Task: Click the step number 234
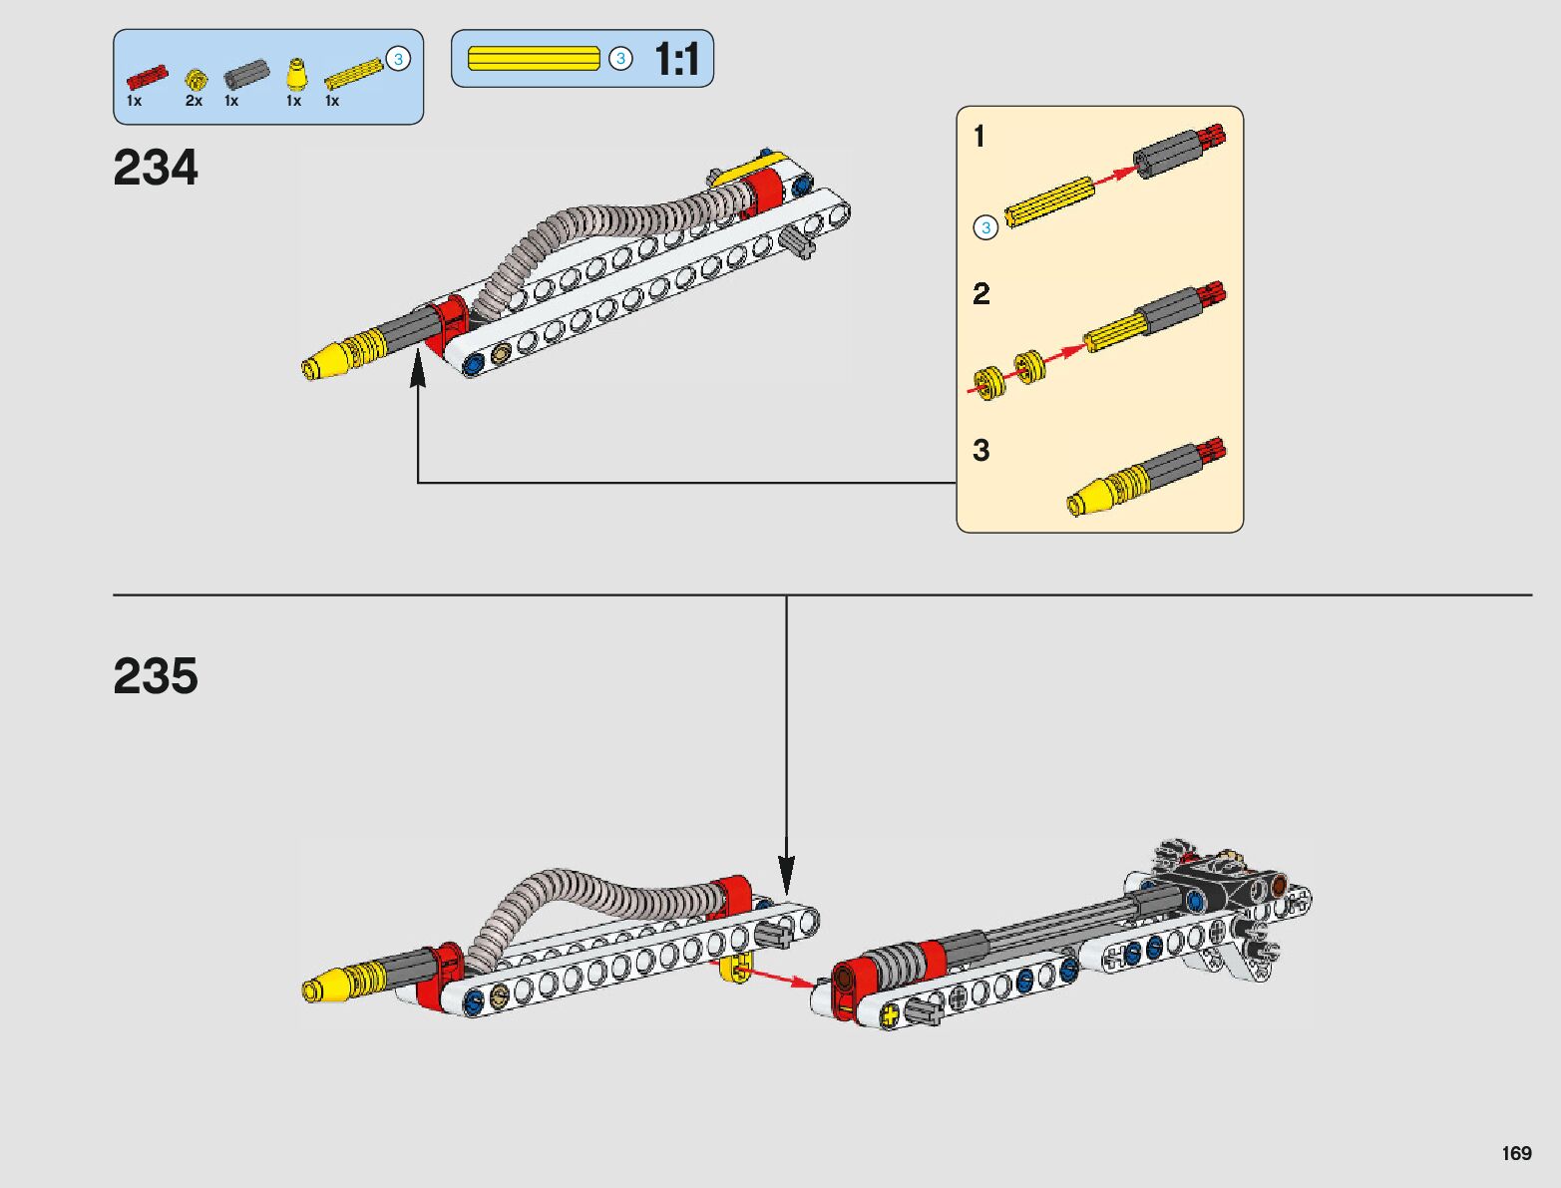coord(156,168)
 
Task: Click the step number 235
coord(156,676)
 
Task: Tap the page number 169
coord(1516,1153)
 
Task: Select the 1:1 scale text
coord(677,60)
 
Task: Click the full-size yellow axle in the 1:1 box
coord(534,59)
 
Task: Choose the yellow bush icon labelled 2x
coord(195,78)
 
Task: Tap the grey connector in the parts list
coord(246,75)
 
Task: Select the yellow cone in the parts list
coord(295,75)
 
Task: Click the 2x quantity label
coord(194,101)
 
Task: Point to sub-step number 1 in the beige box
coord(979,136)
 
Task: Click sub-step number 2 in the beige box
coord(981,294)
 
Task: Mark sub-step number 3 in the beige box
coord(981,450)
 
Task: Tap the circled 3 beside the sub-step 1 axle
coord(985,227)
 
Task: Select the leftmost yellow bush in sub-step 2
coord(987,382)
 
